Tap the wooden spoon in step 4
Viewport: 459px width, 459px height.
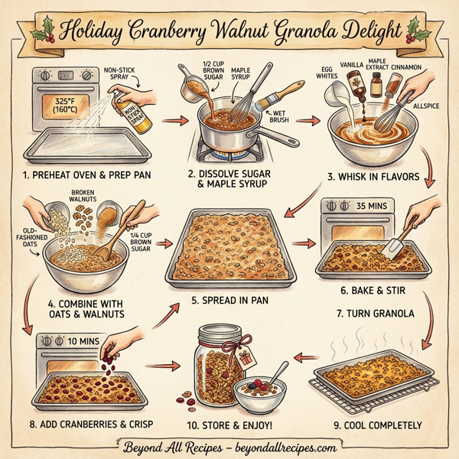[x=120, y=229]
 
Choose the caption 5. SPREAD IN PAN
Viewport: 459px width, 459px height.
[x=230, y=300]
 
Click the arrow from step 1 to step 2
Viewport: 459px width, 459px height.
[x=178, y=120]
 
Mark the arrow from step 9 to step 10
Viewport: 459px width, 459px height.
[x=306, y=357]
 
